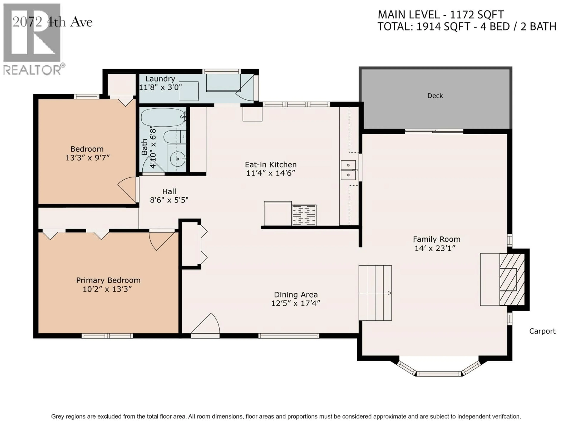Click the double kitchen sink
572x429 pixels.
click(348, 170)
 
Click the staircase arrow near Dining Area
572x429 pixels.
click(389, 293)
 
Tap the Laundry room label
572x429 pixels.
click(160, 79)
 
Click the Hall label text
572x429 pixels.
click(169, 191)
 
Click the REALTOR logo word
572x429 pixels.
click(32, 70)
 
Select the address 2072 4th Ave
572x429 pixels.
click(52, 22)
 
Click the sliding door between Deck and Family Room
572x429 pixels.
click(434, 132)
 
